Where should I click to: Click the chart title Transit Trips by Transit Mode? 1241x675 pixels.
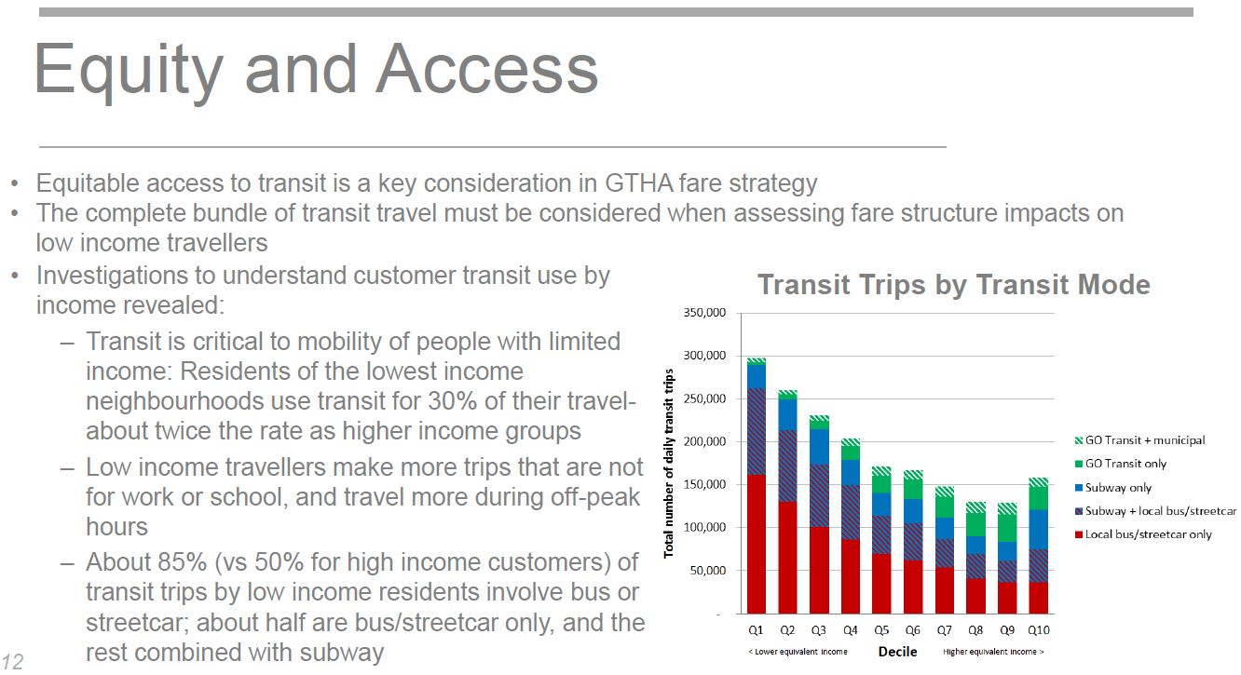(x=953, y=285)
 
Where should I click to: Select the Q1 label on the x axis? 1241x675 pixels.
(x=756, y=631)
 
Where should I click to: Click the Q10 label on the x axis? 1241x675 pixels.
(x=1038, y=631)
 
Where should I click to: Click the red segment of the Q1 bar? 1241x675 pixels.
(x=756, y=545)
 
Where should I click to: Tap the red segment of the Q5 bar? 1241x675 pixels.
(x=881, y=584)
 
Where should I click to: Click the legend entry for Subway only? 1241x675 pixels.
(x=1118, y=488)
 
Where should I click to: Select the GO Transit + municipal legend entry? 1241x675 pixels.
(x=1144, y=440)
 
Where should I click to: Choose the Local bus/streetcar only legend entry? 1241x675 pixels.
(x=1148, y=535)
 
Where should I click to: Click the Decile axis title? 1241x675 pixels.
(x=897, y=652)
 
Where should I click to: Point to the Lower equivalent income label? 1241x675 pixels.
(x=798, y=653)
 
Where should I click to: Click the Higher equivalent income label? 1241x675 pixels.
(x=993, y=653)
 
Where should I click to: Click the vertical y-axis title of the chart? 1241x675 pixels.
(x=669, y=463)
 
